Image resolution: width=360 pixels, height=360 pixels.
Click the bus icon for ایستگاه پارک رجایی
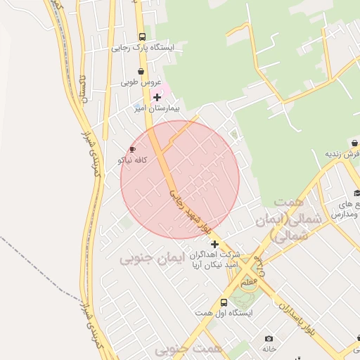point(142,37)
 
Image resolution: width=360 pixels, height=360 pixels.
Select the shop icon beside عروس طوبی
point(141,71)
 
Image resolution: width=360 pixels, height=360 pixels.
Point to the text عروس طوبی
point(141,82)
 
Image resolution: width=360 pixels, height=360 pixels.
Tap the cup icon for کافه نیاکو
point(132,149)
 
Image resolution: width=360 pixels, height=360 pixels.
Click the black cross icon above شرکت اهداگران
point(214,244)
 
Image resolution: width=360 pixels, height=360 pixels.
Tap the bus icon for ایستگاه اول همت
point(224,302)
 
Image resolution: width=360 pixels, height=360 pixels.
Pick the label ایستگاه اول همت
point(224,313)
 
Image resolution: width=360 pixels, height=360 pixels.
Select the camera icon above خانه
point(268,338)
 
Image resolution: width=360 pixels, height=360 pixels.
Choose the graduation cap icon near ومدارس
point(356,193)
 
